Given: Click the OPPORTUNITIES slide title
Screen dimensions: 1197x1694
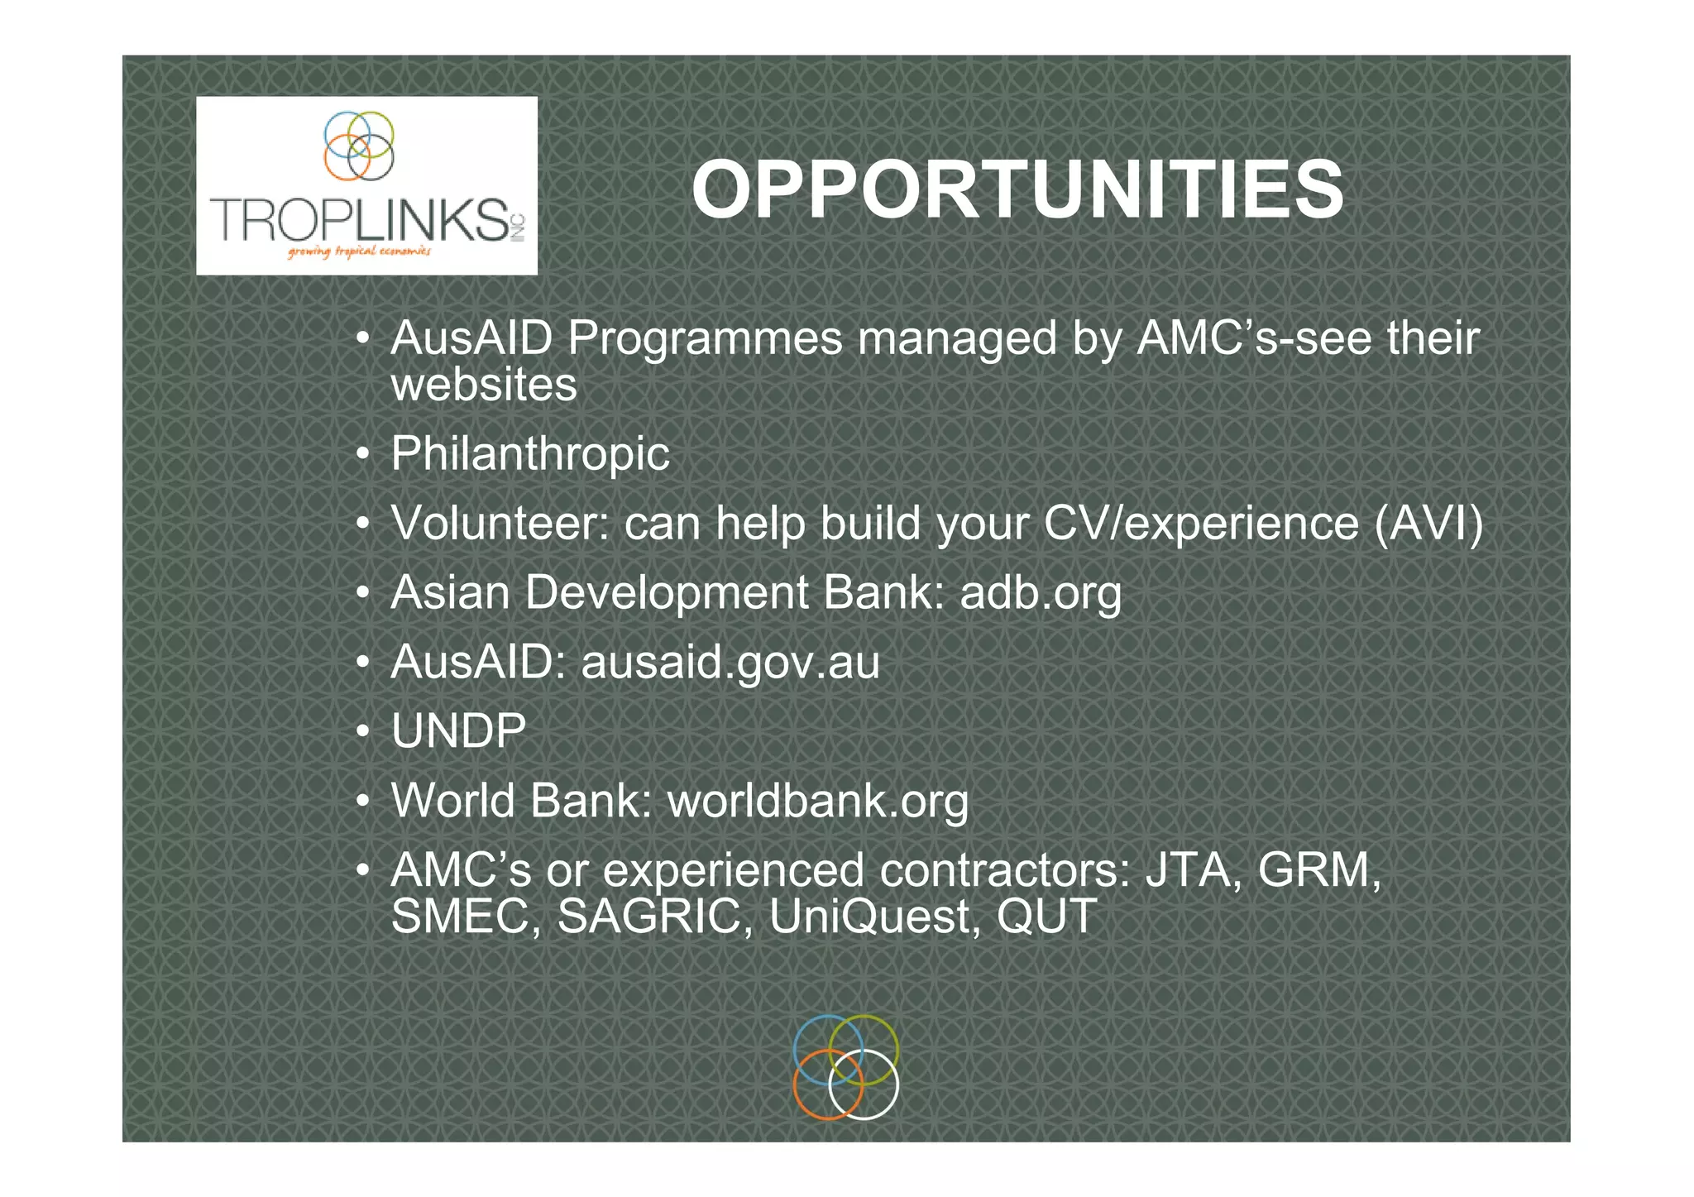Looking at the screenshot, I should point(1017,190).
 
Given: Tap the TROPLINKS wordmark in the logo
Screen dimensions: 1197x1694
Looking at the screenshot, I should point(360,220).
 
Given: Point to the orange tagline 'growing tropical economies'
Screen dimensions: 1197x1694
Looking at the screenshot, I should point(359,251).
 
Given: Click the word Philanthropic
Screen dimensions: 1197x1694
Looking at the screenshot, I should point(529,453).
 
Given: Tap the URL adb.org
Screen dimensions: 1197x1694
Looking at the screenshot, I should point(1040,593).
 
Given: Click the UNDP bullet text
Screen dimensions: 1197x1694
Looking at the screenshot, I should point(458,731).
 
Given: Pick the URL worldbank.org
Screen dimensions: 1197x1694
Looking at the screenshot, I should point(817,801).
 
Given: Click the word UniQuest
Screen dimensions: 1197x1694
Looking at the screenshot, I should point(874,917).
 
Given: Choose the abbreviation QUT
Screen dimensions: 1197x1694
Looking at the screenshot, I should point(1046,917).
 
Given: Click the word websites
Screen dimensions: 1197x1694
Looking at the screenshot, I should point(484,385).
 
